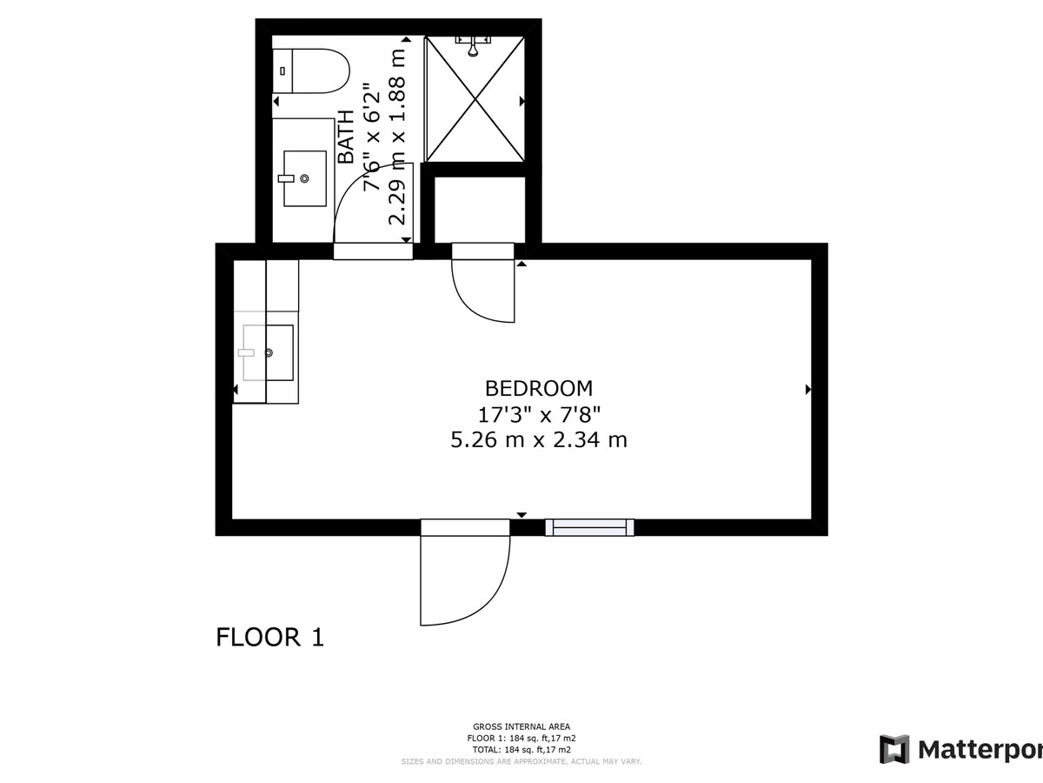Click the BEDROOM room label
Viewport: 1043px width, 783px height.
click(539, 388)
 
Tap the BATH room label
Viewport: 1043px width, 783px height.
click(347, 137)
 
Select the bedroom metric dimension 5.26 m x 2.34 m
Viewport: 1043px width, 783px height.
click(539, 439)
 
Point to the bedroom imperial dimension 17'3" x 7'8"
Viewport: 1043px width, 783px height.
click(539, 415)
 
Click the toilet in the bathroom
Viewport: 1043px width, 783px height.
click(311, 70)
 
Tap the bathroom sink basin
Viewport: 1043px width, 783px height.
click(305, 178)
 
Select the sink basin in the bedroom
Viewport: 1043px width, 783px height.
click(268, 352)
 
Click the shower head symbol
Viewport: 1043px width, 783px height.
click(473, 45)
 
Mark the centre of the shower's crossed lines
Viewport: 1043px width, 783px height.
click(475, 99)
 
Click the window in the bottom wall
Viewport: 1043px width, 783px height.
click(589, 528)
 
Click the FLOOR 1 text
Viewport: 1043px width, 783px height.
click(270, 638)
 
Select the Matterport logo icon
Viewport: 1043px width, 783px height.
click(894, 750)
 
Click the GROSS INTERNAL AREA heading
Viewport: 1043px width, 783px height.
click(521, 726)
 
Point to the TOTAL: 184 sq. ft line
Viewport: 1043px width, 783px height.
click(521, 750)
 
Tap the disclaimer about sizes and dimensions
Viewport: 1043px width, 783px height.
click(521, 761)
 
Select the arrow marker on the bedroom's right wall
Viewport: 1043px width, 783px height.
click(808, 390)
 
